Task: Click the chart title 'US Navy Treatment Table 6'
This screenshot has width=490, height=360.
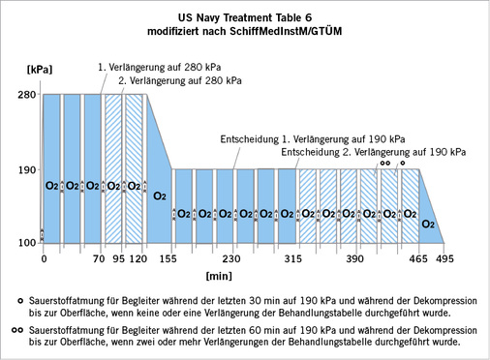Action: tap(246, 16)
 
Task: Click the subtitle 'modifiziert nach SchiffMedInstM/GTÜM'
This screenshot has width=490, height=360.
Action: tap(246, 31)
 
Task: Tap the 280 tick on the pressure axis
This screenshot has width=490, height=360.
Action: tap(26, 95)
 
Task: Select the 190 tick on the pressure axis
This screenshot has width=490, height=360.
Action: tap(26, 169)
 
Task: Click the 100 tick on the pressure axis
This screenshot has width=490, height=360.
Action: tap(26, 242)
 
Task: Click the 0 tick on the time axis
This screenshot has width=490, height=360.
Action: tap(44, 259)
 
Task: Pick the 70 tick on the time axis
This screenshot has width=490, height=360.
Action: tap(98, 259)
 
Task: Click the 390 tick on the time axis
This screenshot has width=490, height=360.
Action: tap(354, 259)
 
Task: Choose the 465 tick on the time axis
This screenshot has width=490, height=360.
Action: tap(419, 259)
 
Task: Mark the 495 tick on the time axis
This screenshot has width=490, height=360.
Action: tap(444, 259)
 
